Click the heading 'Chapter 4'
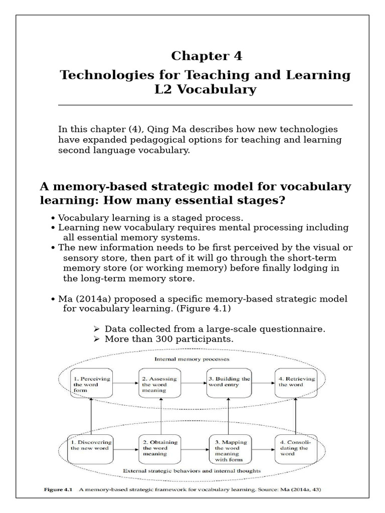206,56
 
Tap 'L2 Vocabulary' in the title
206,90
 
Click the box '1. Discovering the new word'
91,448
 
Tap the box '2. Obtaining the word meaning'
159,448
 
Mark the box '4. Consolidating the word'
296,448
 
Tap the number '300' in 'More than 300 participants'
160,339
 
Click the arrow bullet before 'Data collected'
97,329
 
